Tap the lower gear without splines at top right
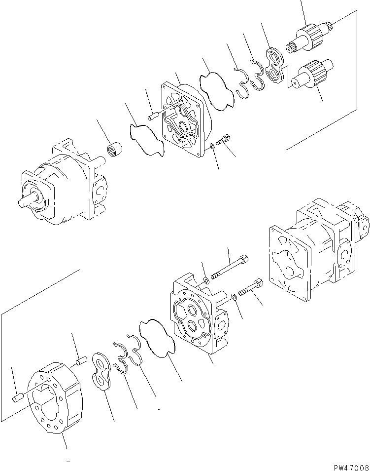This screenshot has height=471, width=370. (312, 74)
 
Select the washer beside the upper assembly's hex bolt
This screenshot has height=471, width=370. (211, 146)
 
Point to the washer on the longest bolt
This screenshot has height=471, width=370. (206, 281)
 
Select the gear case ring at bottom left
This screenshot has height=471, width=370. (54, 400)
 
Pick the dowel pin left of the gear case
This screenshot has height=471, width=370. (19, 395)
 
